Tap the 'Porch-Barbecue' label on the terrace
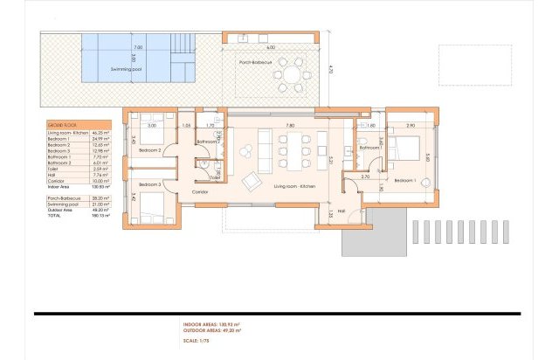point(258,62)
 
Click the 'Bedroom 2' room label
point(150,150)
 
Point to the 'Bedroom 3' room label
point(150,185)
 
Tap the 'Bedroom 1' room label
point(405,180)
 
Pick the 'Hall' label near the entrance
point(342,211)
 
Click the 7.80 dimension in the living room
point(289,126)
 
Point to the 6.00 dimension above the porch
point(272,47)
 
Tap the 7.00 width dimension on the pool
point(137,47)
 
